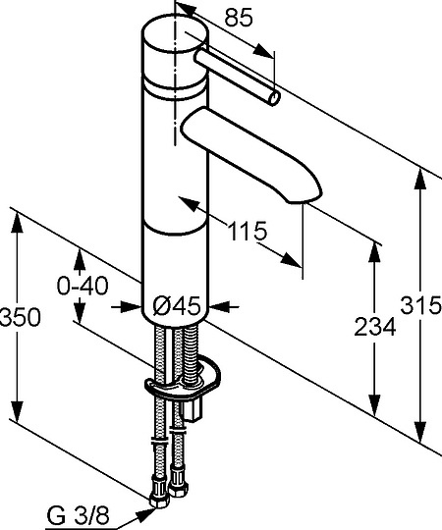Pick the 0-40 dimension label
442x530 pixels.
point(82,286)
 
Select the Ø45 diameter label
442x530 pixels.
point(178,306)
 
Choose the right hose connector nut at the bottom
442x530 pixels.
point(178,484)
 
